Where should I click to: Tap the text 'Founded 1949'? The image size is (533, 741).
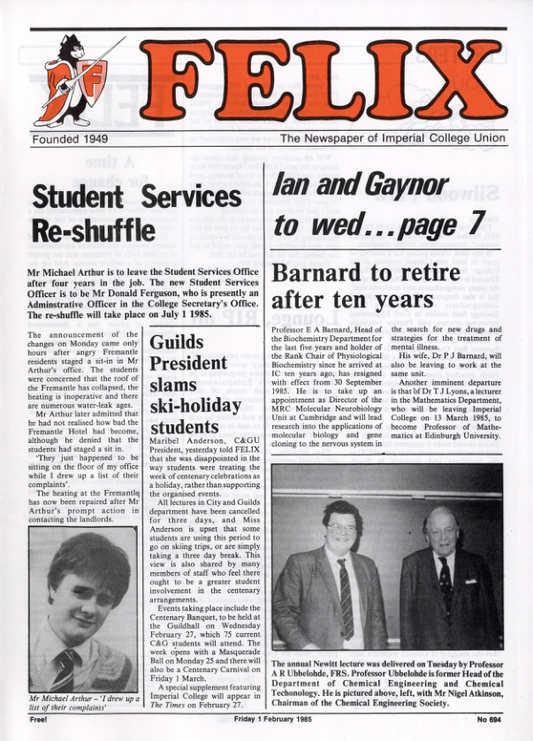coord(69,139)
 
